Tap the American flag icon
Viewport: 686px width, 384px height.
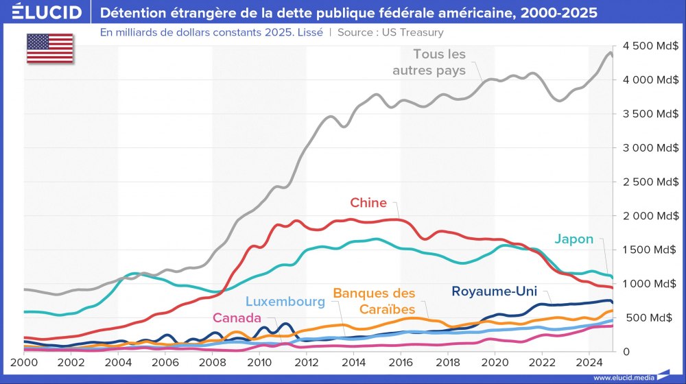(x=49, y=47)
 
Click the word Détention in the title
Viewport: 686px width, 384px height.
(x=133, y=13)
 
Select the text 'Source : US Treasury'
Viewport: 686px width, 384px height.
(x=390, y=32)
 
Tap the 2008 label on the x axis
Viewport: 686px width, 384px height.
(x=211, y=361)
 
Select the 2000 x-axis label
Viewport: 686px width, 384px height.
(x=24, y=361)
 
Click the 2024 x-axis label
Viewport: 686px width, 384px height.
(x=588, y=361)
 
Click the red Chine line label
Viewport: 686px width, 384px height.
(x=368, y=203)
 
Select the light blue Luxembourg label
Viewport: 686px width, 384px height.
(x=285, y=302)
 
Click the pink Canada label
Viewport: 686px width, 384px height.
(x=237, y=318)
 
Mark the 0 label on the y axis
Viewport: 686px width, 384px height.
(x=626, y=351)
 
